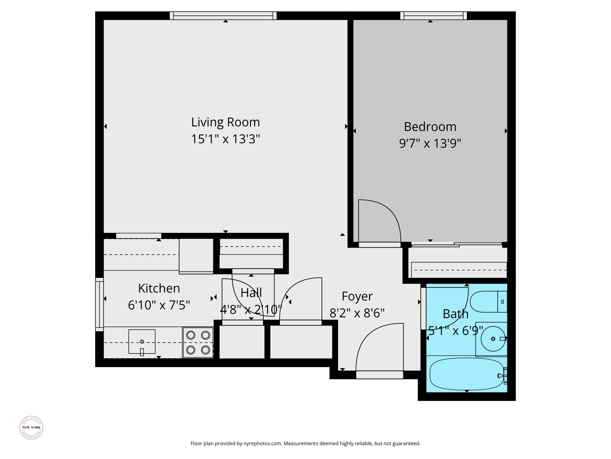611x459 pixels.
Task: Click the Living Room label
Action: (x=225, y=122)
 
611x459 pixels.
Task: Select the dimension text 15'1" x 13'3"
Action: (x=225, y=139)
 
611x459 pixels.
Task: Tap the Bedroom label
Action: (x=430, y=127)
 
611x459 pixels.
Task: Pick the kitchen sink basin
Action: (x=142, y=341)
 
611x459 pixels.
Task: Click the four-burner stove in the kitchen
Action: (x=198, y=343)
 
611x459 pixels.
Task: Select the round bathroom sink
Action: (x=493, y=339)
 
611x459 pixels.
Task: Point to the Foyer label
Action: (x=357, y=296)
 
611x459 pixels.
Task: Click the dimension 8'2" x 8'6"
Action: (x=357, y=313)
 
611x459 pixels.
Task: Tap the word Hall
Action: (x=251, y=293)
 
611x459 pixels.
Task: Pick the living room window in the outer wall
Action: (x=223, y=16)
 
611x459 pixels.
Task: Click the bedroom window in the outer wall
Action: (x=433, y=16)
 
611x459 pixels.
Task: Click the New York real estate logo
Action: (x=31, y=427)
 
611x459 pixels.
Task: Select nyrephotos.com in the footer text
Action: (x=262, y=443)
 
